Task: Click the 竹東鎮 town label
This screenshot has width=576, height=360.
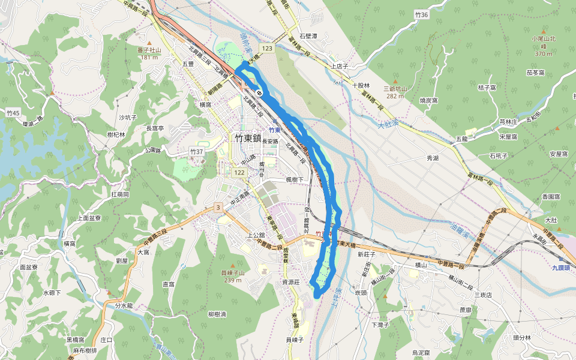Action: pos(248,137)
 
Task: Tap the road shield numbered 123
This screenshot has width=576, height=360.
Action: pos(267,47)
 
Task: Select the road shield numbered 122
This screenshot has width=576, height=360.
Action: pos(240,173)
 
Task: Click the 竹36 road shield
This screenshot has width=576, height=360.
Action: pos(422,14)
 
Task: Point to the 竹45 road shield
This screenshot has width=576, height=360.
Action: pos(13,113)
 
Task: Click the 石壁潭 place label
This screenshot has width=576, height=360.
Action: pos(308,36)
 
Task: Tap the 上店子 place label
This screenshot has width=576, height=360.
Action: pos(340,66)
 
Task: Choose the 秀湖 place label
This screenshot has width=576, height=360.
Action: pos(433,158)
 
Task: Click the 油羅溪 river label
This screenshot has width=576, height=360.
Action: pos(460,231)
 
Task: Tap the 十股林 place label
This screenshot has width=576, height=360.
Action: pos(361,85)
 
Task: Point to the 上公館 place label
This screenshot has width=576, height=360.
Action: pos(257,235)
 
